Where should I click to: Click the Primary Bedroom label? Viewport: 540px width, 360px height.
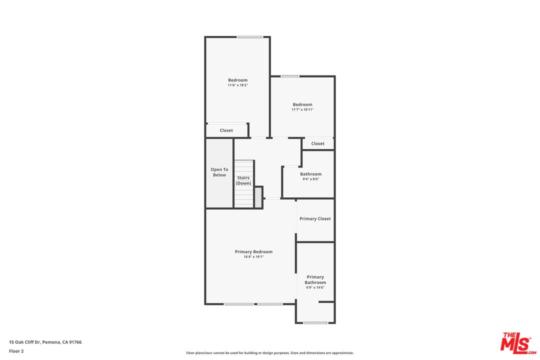tap(253, 251)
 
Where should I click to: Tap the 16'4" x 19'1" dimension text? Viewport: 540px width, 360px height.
tap(253, 257)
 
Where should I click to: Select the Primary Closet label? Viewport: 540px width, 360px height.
tap(315, 219)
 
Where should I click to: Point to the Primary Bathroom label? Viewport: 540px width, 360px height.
tap(315, 279)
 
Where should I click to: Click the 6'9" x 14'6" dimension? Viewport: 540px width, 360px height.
tap(315, 287)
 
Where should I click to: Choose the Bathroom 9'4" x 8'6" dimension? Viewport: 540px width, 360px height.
tap(310, 179)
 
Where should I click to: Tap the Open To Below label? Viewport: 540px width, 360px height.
tap(219, 172)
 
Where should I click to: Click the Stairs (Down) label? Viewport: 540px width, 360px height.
tap(243, 180)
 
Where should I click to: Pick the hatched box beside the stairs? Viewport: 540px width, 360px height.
tap(258, 197)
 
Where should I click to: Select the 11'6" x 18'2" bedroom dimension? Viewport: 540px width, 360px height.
tap(237, 85)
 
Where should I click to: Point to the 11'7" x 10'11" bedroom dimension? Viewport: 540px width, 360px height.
tap(302, 109)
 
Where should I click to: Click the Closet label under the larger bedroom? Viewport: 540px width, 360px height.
tap(226, 130)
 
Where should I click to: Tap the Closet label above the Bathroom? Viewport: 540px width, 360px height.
tap(318, 143)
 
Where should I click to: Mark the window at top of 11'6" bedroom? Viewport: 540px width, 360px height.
tap(250, 37)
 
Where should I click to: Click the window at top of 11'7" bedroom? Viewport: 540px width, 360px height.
tap(289, 76)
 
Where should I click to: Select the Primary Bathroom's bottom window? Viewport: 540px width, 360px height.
tap(315, 322)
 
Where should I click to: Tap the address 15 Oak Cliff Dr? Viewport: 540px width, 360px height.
tap(45, 342)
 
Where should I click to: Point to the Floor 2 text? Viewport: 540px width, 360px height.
tap(16, 351)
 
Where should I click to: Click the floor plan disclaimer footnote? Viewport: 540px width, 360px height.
tap(269, 353)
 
